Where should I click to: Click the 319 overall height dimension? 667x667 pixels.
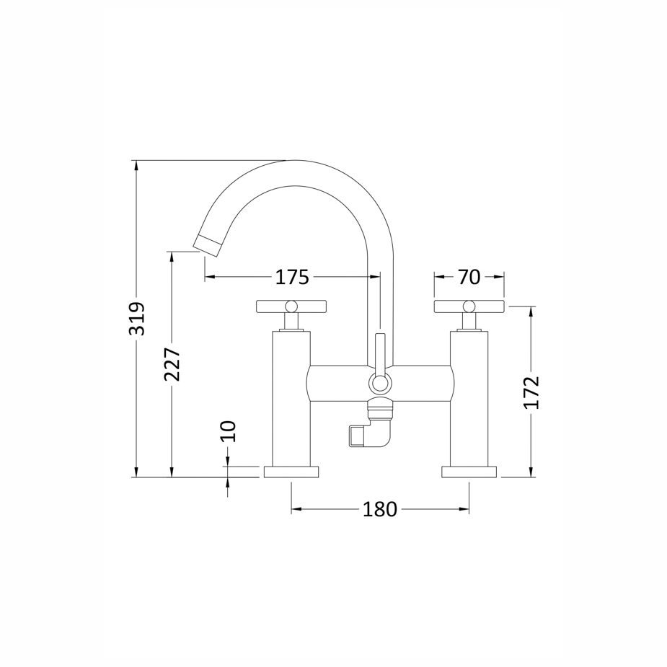138,319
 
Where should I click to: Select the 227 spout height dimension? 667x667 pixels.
172,364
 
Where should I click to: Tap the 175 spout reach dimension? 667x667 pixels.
292,278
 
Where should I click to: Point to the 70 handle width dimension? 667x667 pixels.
469,278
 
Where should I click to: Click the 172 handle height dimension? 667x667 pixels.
531,392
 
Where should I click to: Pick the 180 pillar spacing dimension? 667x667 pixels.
380,509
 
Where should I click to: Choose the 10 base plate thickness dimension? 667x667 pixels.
229,432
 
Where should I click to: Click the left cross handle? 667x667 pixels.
291,306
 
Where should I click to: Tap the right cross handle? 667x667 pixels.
469,306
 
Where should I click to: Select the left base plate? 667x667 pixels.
291,472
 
